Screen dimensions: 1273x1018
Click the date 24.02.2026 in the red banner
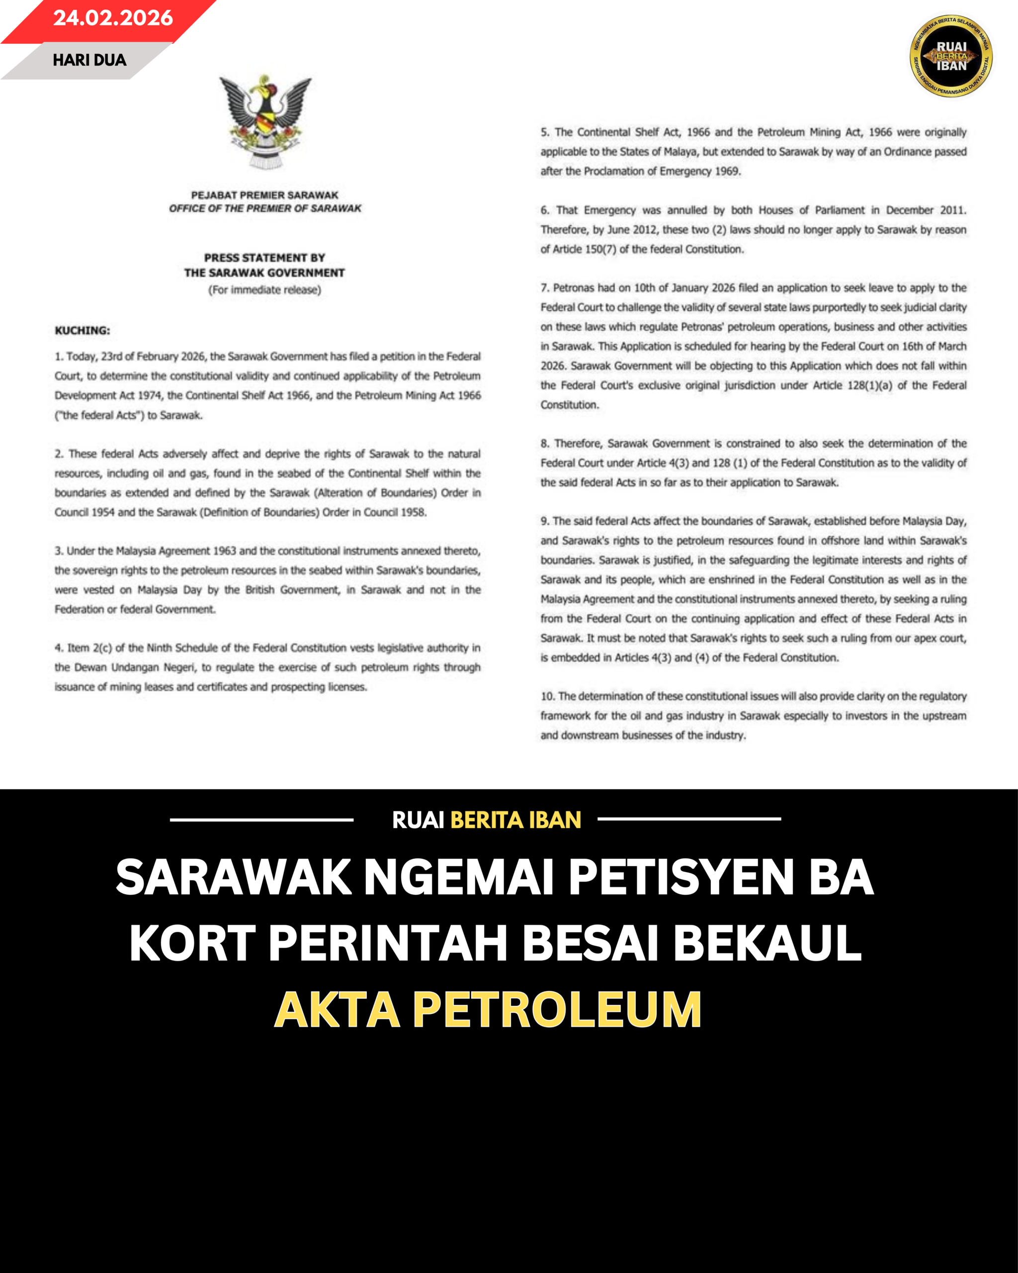click(113, 18)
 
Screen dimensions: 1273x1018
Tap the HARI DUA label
click(89, 60)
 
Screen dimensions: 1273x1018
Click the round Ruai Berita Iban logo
click(951, 56)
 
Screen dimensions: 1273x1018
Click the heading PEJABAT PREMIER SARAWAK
click(264, 195)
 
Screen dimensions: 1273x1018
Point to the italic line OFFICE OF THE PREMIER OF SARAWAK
click(265, 208)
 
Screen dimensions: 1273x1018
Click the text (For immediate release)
click(264, 290)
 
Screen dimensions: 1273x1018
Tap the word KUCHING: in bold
click(82, 331)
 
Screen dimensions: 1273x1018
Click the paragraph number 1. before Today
click(59, 357)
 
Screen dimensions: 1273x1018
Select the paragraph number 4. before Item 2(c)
click(59, 648)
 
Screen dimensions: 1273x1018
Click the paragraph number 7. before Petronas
click(545, 288)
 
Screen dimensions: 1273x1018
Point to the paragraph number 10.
click(548, 696)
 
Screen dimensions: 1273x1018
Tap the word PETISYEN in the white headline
click(681, 877)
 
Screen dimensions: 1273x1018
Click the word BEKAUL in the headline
click(767, 943)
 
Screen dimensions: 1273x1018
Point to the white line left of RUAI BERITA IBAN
click(261, 819)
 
